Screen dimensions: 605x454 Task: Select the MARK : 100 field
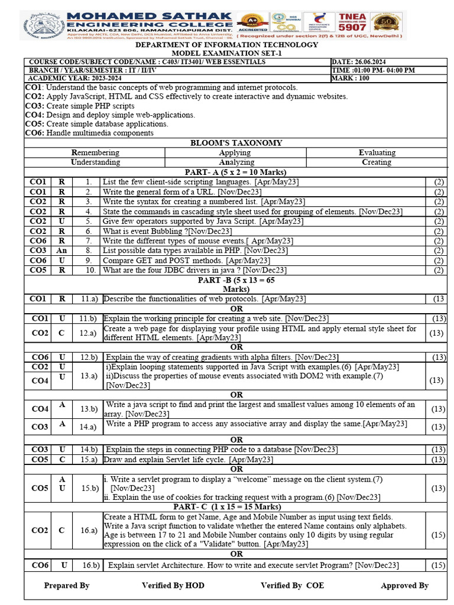click(351, 78)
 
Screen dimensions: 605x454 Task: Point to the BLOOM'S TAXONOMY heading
click(235, 143)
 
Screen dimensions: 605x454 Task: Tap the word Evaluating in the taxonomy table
click(377, 152)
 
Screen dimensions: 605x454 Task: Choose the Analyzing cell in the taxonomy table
click(235, 162)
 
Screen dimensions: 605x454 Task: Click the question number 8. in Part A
click(88, 251)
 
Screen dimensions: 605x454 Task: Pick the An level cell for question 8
click(61, 251)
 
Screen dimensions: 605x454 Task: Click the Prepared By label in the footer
click(67, 586)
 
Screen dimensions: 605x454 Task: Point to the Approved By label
click(404, 586)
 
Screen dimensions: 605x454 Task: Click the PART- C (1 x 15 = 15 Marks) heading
click(235, 507)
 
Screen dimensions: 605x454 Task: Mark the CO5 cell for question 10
click(39, 270)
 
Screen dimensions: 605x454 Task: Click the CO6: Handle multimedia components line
click(89, 133)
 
